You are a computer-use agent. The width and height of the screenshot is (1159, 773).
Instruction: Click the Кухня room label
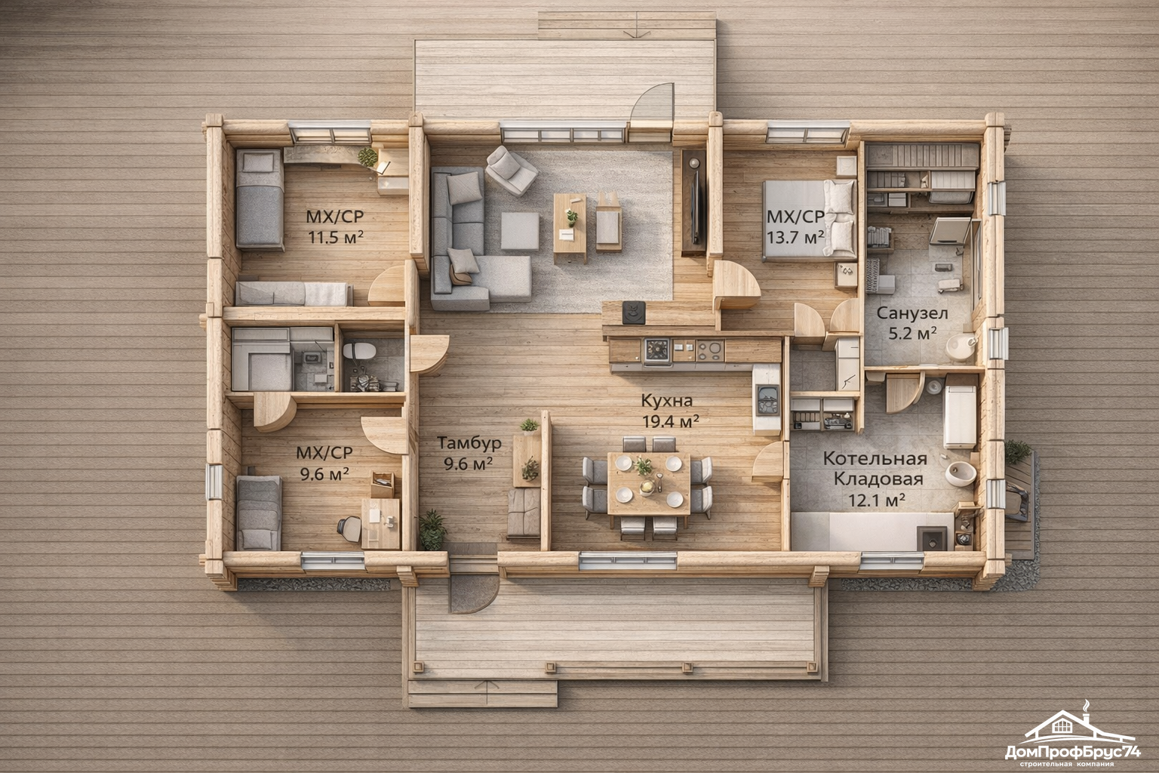click(666, 401)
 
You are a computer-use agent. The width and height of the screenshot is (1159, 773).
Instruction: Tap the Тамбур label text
click(469, 443)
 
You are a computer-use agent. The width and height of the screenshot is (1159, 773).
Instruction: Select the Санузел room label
click(912, 313)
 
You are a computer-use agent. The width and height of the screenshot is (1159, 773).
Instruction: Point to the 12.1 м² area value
click(876, 500)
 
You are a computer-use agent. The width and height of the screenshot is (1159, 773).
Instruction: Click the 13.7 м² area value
click(795, 238)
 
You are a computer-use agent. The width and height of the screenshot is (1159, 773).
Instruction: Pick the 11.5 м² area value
click(336, 237)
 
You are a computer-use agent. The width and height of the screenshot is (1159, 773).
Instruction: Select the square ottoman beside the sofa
click(519, 231)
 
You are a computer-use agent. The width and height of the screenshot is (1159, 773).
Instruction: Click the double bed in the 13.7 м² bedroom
click(809, 219)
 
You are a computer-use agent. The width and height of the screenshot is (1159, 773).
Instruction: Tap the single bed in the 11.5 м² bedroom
click(260, 199)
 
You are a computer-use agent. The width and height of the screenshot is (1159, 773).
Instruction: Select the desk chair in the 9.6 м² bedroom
click(350, 528)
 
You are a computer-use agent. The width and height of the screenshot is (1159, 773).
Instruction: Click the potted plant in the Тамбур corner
click(432, 530)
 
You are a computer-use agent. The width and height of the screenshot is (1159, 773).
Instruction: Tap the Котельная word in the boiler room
click(875, 459)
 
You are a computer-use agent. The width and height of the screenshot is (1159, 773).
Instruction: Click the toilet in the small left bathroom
click(359, 351)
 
